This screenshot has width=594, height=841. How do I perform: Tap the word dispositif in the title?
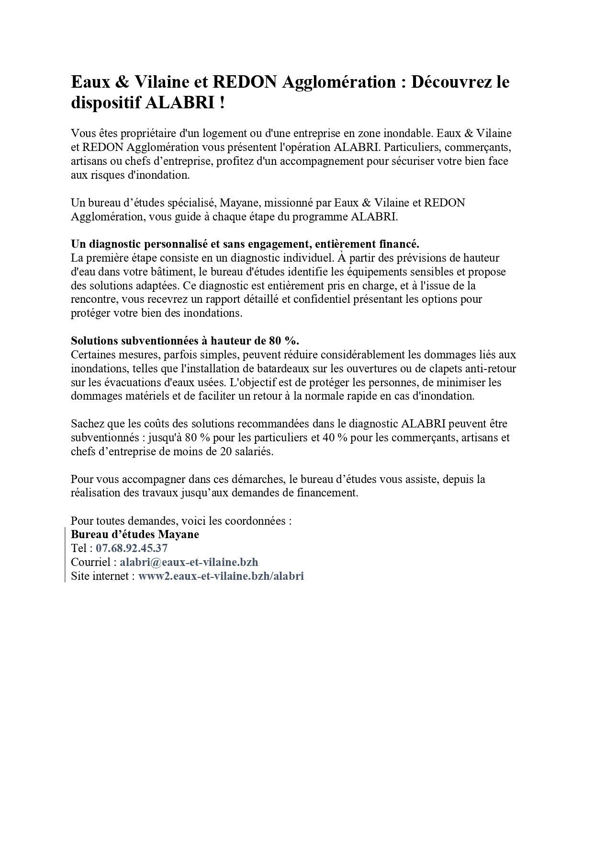(x=105, y=104)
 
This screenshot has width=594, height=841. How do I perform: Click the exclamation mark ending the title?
(x=222, y=104)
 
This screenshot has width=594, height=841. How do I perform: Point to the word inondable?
(x=407, y=133)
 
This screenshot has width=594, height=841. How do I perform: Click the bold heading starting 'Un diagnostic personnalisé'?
(x=245, y=244)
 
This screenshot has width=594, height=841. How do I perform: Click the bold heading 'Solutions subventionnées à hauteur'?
(x=185, y=341)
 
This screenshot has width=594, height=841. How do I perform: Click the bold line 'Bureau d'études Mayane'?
(x=135, y=534)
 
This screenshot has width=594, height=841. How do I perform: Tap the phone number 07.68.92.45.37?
(x=132, y=548)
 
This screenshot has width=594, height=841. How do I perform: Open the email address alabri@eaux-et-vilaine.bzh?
(x=189, y=562)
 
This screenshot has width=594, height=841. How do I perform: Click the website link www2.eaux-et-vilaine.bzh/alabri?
(x=221, y=576)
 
